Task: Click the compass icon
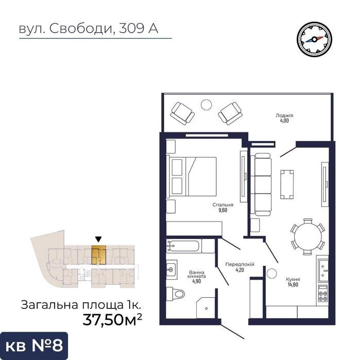(314, 39)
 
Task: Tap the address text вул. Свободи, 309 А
(89, 29)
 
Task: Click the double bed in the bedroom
(192, 176)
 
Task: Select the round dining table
(308, 236)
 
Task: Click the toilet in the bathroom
(176, 294)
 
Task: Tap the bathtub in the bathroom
(183, 246)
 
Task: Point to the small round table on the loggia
(206, 105)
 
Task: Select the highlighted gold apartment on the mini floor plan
(99, 254)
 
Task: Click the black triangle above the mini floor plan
(98, 239)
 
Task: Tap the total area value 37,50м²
(112, 319)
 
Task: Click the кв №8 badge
(34, 346)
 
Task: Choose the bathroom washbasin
(172, 269)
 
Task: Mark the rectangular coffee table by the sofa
(287, 184)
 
